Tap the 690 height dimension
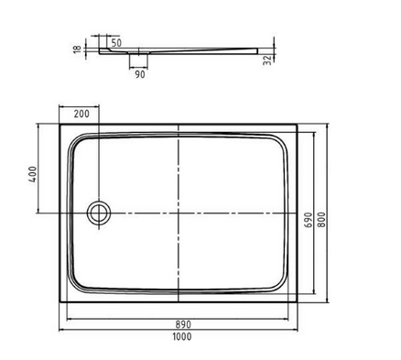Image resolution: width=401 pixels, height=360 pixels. [308, 219]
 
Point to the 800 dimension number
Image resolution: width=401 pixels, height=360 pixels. [321, 219]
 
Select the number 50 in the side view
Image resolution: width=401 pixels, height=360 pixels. [116, 43]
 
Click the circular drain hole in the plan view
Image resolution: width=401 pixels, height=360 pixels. [97, 213]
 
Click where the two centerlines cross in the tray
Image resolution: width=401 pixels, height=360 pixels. [178, 213]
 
